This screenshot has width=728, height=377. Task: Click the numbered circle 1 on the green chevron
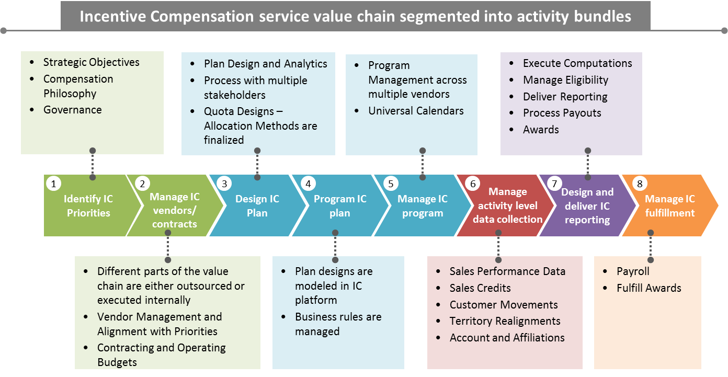(53, 184)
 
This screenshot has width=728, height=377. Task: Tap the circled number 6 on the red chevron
(473, 184)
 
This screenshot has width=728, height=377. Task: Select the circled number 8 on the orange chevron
(639, 184)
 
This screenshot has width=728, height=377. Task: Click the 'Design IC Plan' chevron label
(257, 206)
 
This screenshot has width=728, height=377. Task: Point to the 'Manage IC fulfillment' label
(669, 206)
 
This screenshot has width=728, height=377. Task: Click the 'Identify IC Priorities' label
(88, 206)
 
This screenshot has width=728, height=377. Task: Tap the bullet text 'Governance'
(72, 110)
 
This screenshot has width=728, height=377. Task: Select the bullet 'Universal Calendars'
(415, 111)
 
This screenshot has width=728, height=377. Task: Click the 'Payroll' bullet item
(633, 271)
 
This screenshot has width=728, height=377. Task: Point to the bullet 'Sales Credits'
(480, 288)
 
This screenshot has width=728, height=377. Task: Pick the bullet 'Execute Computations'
(577, 63)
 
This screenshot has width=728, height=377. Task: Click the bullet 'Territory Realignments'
(505, 321)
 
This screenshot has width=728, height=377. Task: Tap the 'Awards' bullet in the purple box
(541, 130)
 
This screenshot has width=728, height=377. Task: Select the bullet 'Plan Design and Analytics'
(265, 64)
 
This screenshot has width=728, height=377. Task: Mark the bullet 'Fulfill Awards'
(649, 288)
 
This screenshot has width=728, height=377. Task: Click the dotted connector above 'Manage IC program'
(423, 164)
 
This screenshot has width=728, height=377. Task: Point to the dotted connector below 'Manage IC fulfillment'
(651, 246)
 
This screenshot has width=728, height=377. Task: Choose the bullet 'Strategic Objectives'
(91, 62)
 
